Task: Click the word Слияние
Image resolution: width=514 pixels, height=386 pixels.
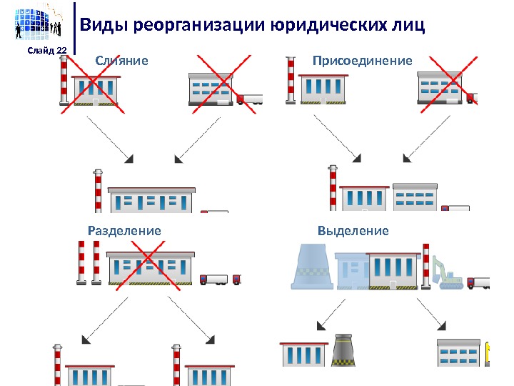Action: click(122, 61)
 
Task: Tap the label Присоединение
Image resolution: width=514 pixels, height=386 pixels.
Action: click(363, 61)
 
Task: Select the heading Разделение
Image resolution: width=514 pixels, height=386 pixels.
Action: click(124, 231)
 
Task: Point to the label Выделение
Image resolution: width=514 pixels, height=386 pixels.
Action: click(353, 231)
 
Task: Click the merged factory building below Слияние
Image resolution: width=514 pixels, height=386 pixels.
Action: click(152, 199)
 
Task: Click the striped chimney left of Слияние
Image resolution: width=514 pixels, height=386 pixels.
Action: click(63, 81)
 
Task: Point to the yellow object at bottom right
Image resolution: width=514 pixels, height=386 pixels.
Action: click(489, 354)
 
